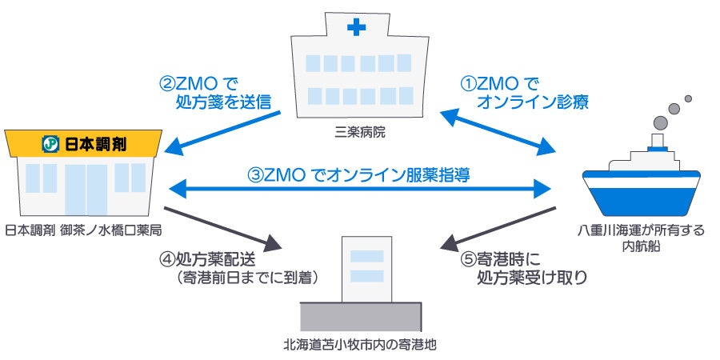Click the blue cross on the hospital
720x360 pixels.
(x=356, y=29)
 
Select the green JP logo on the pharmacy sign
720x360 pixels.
(x=49, y=144)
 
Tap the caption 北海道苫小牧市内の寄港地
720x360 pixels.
(x=360, y=346)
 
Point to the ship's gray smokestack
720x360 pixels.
(x=658, y=143)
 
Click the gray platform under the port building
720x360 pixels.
(x=359, y=317)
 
